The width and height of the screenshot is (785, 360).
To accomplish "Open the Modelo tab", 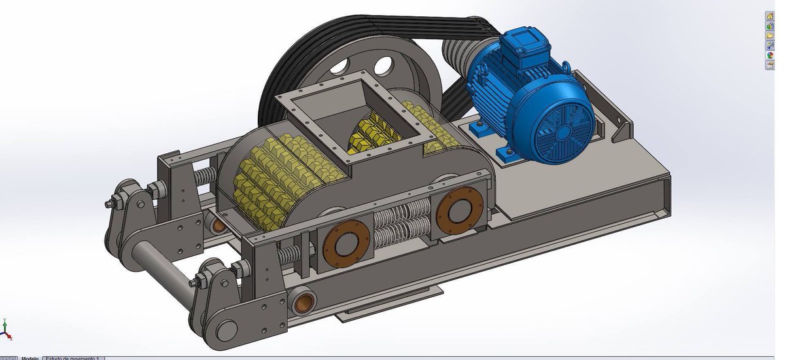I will [x=29, y=357].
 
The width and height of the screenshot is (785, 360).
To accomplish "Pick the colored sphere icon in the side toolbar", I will [x=770, y=55].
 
